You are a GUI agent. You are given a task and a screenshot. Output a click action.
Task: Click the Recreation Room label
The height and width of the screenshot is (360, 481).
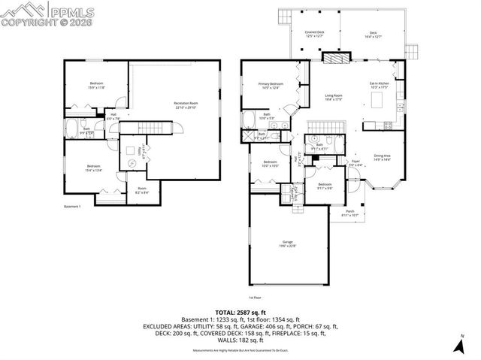coord(186,104)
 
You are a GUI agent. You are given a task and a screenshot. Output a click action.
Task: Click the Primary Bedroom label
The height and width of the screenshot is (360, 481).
coord(271,86)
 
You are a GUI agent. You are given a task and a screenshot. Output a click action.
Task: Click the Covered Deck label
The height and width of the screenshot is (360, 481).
coord(314,34)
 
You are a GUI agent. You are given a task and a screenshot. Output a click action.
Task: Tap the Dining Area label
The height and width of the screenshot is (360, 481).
coord(382,157)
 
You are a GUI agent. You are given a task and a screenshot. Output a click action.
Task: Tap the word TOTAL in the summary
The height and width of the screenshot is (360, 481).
coord(228,311)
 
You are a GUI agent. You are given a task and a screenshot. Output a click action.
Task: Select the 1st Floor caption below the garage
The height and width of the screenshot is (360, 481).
coord(256,297)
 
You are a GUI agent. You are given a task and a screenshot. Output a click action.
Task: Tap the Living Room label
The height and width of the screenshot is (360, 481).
coord(334,97)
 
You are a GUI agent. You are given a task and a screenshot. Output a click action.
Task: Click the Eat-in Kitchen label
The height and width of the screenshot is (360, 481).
coord(378,84)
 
